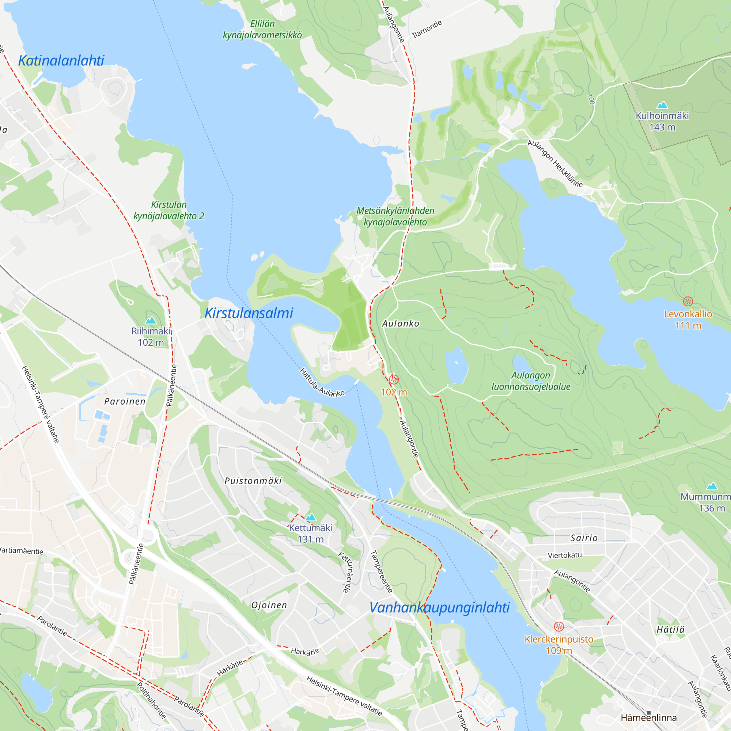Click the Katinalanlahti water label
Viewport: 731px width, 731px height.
(61, 61)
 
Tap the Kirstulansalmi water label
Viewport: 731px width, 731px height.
(249, 313)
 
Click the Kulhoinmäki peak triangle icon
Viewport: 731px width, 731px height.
(662, 105)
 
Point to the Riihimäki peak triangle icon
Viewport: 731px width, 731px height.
(151, 321)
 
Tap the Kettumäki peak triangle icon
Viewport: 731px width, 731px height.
(310, 517)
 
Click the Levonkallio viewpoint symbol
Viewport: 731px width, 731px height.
(688, 301)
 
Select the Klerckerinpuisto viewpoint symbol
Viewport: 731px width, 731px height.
(558, 626)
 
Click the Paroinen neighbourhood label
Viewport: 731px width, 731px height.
(125, 401)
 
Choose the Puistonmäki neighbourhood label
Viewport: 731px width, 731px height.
(253, 481)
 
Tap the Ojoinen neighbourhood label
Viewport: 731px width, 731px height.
(269, 605)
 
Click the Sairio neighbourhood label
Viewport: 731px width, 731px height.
(584, 538)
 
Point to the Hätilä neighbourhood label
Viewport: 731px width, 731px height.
(670, 630)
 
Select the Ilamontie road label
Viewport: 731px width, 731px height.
(427, 29)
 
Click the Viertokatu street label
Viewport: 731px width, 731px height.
(565, 555)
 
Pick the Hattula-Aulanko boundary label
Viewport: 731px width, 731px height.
(322, 383)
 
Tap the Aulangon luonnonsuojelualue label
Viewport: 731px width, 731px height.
(530, 380)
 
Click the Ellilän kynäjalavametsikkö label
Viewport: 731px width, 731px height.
(262, 29)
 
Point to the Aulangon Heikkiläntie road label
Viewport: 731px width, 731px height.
(555, 163)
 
